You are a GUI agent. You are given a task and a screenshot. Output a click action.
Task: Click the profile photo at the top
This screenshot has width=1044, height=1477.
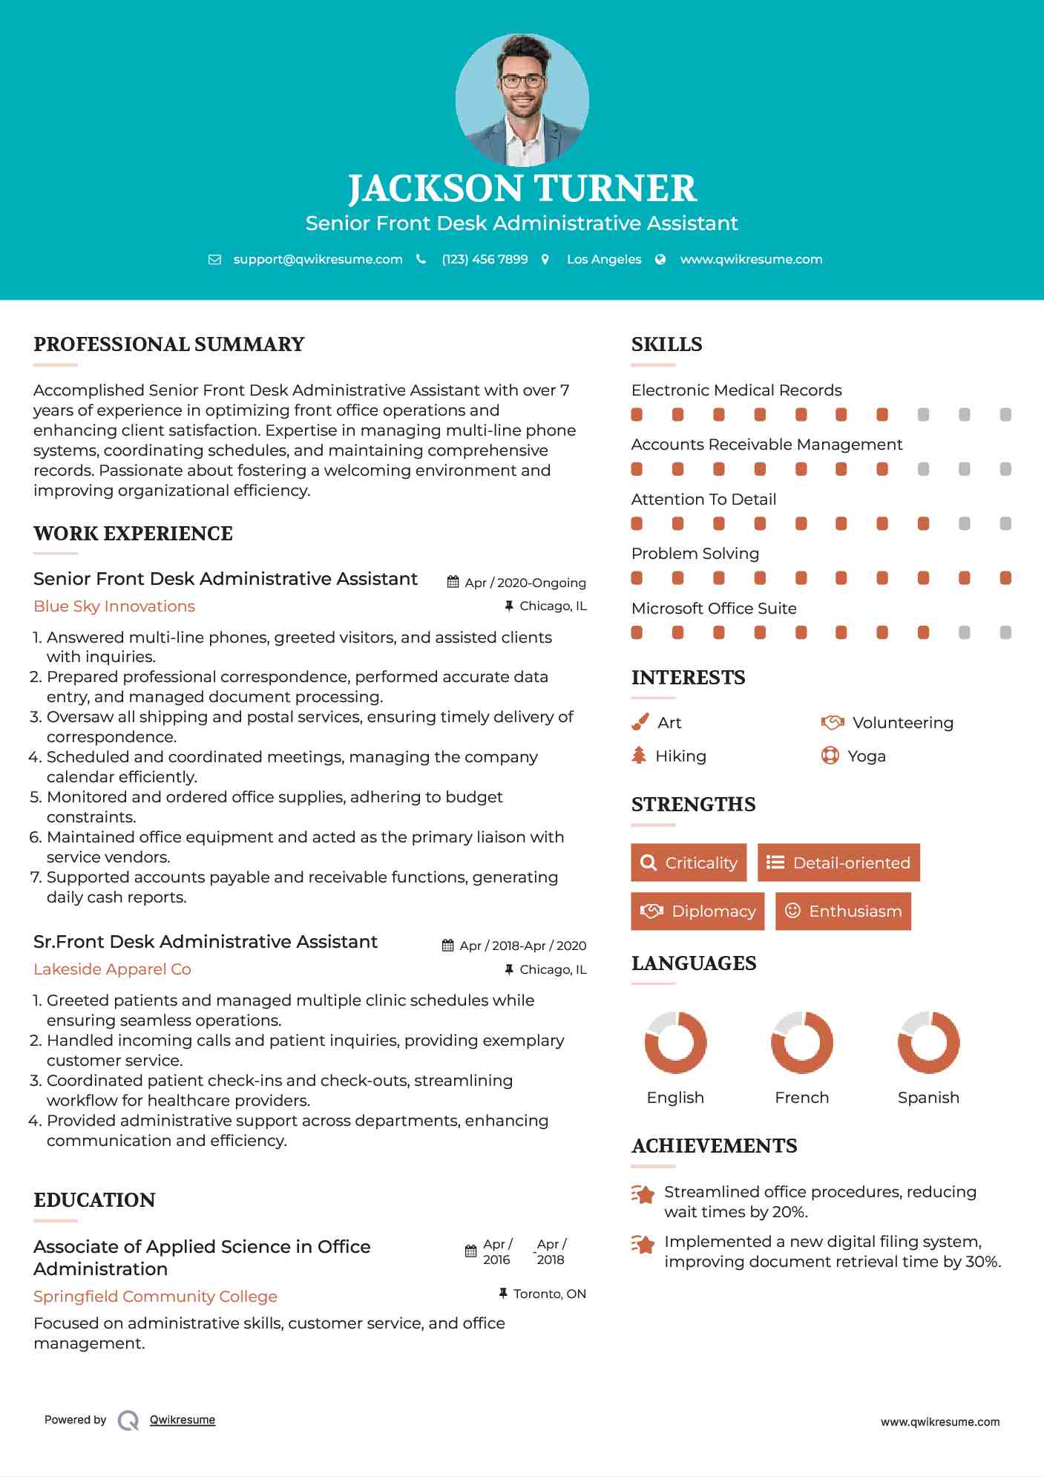(522, 99)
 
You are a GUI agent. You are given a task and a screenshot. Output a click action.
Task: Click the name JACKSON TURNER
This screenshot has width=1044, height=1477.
(522, 189)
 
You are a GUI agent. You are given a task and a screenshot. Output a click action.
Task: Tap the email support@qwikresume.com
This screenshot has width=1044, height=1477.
(318, 259)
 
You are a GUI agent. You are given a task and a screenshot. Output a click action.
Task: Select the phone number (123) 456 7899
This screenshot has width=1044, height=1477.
(485, 259)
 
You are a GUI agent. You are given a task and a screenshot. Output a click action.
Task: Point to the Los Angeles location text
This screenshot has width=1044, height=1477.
(604, 259)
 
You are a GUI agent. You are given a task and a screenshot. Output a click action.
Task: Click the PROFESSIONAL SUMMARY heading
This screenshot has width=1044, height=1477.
(169, 344)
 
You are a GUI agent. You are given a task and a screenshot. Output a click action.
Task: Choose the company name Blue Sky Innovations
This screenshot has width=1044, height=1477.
(114, 606)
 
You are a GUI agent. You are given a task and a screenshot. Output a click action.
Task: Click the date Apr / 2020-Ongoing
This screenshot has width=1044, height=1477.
(525, 583)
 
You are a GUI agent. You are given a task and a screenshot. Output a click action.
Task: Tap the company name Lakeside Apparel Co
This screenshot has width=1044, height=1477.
(112, 969)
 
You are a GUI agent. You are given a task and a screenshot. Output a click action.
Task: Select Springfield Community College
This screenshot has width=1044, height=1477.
(155, 1297)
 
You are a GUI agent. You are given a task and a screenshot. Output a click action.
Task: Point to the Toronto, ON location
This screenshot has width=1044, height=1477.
(549, 1294)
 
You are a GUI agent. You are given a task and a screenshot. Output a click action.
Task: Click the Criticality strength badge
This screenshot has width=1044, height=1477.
(689, 862)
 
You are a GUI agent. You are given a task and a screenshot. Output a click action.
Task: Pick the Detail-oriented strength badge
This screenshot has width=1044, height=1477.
(838, 862)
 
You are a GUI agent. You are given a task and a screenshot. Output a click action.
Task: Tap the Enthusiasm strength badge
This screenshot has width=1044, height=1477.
(843, 911)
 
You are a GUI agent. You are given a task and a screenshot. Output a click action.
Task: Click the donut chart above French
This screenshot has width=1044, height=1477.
(801, 1042)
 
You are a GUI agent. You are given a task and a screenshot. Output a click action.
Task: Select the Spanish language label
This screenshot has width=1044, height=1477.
(928, 1098)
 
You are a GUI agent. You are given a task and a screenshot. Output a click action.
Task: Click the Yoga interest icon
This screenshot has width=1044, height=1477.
(830, 756)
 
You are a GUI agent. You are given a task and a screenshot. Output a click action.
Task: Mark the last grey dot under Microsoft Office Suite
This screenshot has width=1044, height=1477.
(1005, 632)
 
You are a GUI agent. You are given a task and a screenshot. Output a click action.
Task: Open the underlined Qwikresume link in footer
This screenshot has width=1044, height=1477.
(183, 1420)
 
